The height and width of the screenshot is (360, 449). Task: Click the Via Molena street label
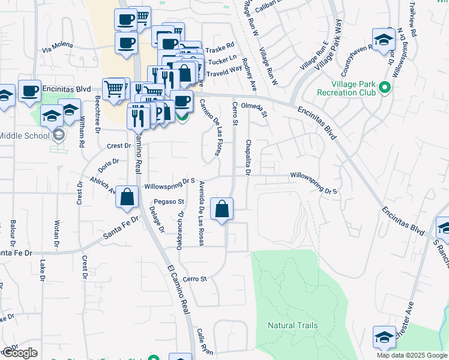(58, 45)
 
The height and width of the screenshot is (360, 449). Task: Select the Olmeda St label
(253, 106)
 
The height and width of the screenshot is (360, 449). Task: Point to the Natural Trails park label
(292, 325)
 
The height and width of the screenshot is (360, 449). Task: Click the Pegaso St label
(167, 202)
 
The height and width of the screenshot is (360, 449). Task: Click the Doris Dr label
(109, 163)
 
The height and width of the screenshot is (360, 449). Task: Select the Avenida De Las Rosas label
(202, 212)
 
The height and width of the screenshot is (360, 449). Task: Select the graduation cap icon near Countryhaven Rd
(382, 38)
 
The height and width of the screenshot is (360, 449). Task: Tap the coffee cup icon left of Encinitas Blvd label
(29, 91)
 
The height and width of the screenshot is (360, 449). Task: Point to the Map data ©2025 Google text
(412, 355)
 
